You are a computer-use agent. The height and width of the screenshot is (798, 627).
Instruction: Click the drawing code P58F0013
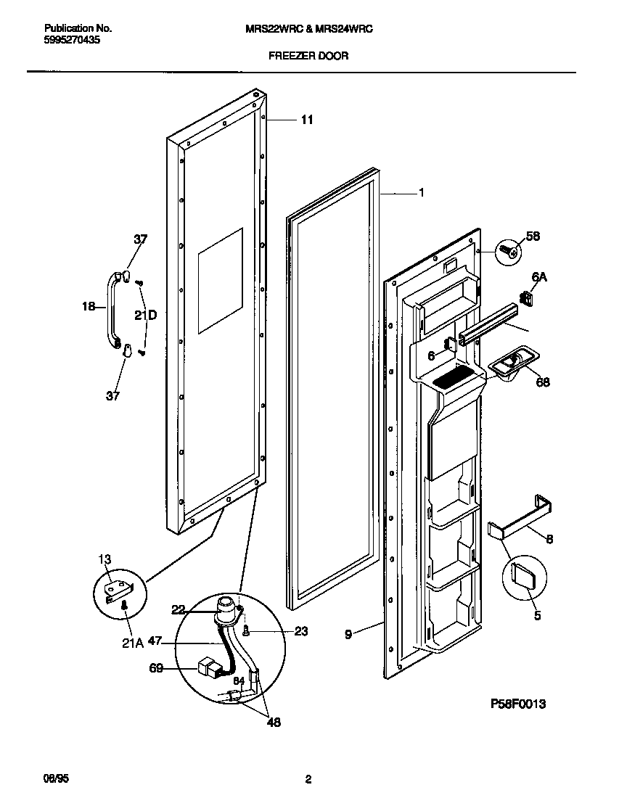click(x=517, y=704)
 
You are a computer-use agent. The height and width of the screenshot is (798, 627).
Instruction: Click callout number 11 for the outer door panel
click(x=307, y=120)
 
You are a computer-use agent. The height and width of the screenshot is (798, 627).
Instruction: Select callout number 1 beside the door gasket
click(x=421, y=193)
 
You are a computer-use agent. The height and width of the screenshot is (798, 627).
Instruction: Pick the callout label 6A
click(x=538, y=277)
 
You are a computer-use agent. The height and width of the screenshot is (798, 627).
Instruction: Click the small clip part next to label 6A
click(x=526, y=297)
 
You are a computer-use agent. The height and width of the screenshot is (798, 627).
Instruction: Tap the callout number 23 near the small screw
click(x=300, y=631)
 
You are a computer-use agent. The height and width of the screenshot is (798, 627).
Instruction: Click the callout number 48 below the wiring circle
click(x=274, y=722)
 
